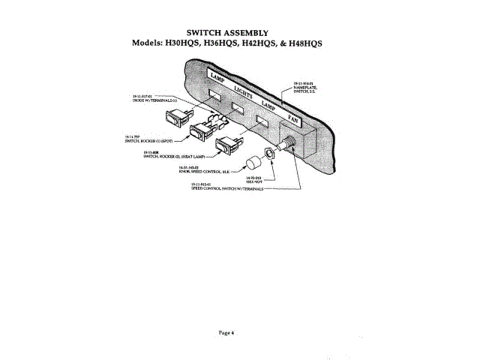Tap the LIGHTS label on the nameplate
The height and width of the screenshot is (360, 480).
point(244,92)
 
